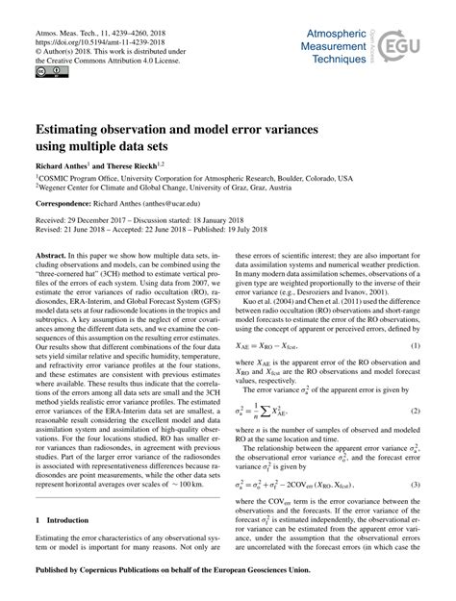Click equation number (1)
[415, 317]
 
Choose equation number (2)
[415, 386]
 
